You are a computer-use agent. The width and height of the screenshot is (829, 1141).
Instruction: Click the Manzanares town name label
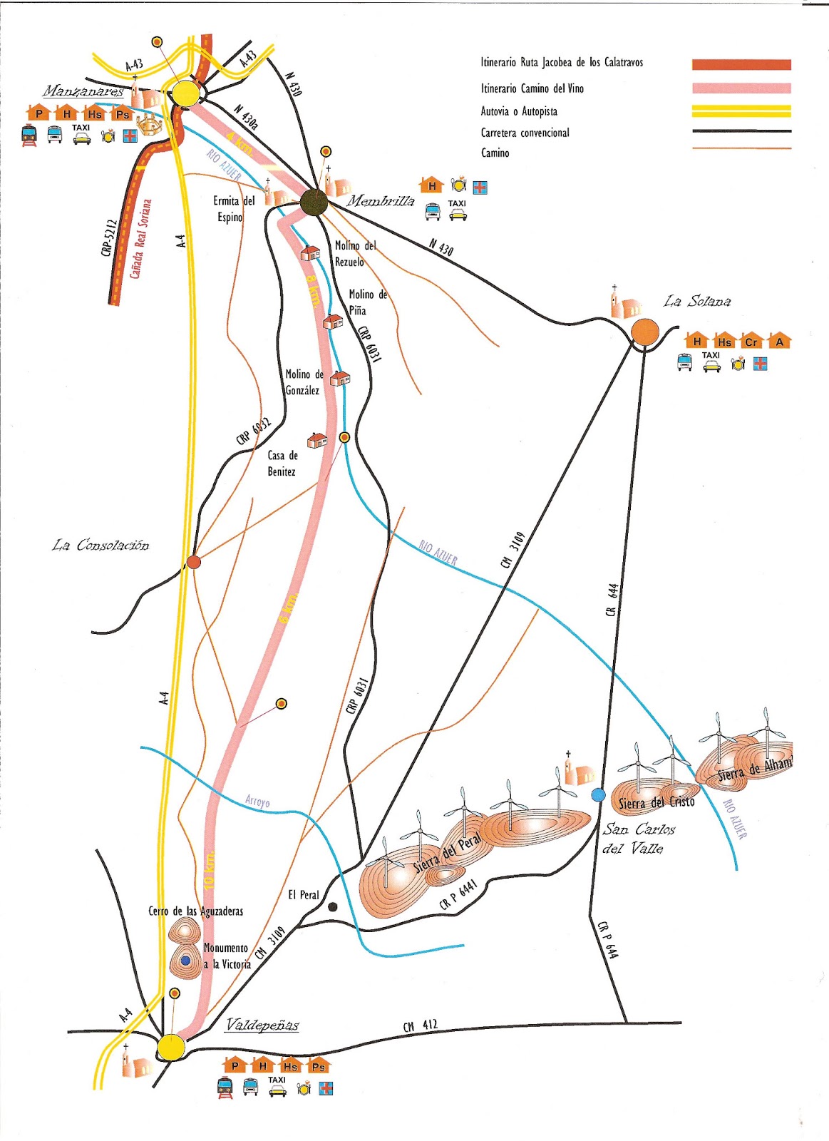(x=83, y=91)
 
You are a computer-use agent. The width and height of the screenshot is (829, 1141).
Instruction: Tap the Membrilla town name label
(x=381, y=201)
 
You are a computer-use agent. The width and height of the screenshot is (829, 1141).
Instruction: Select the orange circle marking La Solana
(x=644, y=332)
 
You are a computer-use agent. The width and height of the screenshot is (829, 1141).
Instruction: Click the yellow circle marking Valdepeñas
(x=171, y=1047)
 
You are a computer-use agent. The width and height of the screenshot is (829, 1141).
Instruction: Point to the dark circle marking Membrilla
(x=313, y=203)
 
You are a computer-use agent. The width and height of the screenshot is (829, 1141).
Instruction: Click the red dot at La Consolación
(x=193, y=562)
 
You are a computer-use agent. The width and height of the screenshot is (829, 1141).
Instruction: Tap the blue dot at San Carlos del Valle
(x=598, y=794)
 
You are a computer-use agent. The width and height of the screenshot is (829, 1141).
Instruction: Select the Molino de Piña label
(x=368, y=302)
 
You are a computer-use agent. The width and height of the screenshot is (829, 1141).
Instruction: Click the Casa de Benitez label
(x=282, y=463)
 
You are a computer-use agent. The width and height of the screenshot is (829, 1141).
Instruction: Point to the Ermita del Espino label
(x=233, y=208)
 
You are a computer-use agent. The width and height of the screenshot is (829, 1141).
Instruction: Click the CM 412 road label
(x=420, y=1025)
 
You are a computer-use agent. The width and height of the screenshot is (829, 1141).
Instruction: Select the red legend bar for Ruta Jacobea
(x=741, y=64)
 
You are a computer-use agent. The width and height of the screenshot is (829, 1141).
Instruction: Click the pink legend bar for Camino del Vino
(x=741, y=88)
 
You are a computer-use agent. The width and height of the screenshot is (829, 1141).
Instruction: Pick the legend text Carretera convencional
(x=525, y=133)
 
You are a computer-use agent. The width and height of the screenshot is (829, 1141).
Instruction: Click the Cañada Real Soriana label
(x=140, y=238)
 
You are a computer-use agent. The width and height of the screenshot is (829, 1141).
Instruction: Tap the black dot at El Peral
(x=332, y=907)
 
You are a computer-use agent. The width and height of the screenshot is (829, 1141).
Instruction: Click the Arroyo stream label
(x=257, y=802)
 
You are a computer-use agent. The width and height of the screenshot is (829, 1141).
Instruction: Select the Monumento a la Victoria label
(x=227, y=956)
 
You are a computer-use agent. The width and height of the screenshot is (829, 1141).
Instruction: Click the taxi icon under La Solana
(x=711, y=362)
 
